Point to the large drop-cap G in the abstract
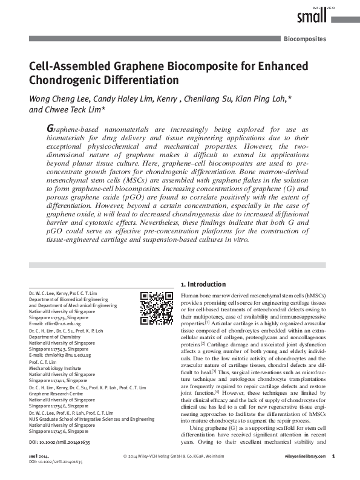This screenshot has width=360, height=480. point(51,129)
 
